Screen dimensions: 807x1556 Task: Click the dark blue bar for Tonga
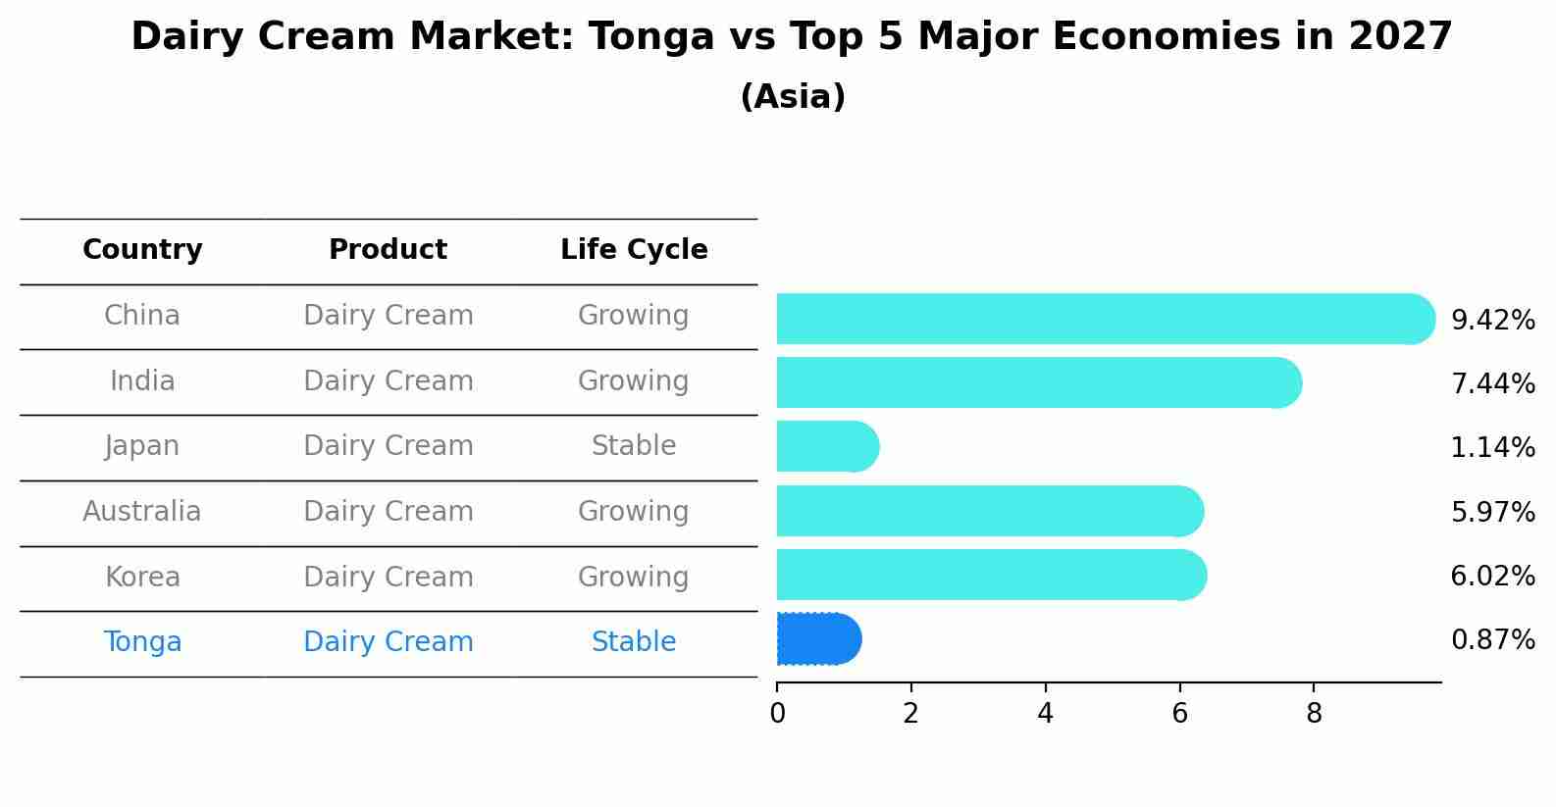(818, 639)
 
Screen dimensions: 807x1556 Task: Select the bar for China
(1104, 319)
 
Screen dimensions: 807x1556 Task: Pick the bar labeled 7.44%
(1038, 382)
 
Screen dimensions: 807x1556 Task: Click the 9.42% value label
(1492, 321)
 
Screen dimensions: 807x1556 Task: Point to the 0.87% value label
(1492, 640)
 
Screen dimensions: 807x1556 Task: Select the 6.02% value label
(1492, 577)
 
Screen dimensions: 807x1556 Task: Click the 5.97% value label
(1492, 513)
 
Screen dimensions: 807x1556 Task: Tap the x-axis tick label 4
(1045, 714)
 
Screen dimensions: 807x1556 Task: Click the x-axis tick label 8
(1314, 714)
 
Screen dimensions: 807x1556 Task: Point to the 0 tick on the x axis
(777, 714)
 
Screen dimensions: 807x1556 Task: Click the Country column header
(142, 250)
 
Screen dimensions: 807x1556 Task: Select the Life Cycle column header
(634, 250)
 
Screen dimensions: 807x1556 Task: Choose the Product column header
(388, 250)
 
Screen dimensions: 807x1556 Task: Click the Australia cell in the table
(142, 512)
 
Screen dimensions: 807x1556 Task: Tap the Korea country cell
(142, 578)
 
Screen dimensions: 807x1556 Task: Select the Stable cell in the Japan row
(634, 446)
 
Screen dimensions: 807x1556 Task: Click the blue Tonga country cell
(142, 642)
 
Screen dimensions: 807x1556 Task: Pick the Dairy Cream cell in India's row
(388, 381)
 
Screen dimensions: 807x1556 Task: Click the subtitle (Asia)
(793, 97)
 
